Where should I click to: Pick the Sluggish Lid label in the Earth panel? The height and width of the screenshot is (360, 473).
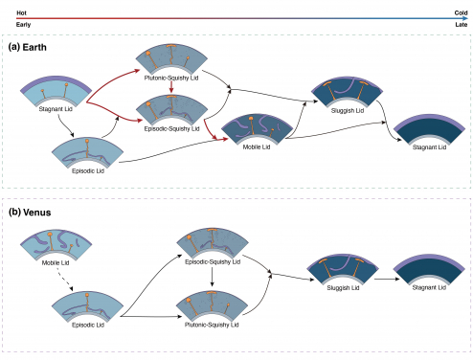pos(349,113)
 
